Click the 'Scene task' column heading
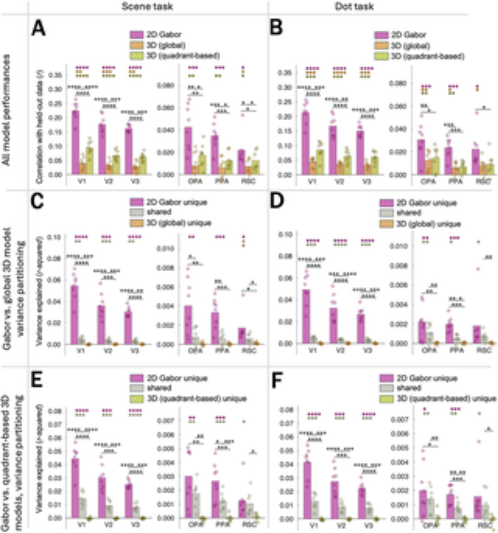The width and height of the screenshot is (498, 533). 147,6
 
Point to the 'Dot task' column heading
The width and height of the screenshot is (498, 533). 354,6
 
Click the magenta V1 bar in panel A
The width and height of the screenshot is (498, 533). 76,142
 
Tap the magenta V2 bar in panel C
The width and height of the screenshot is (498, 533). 101,325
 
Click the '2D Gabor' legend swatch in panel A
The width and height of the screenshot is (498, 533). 137,35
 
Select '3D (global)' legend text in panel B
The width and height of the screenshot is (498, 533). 410,46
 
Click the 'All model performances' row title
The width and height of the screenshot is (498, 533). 6,110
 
